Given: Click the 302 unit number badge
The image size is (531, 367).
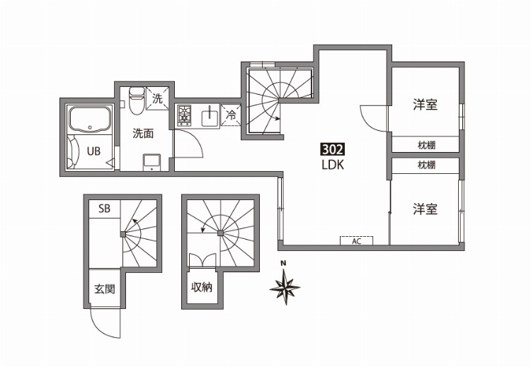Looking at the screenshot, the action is pyautogui.click(x=333, y=149).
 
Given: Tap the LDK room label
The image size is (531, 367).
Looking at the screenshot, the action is pyautogui.click(x=333, y=165).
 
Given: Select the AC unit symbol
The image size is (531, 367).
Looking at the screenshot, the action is pyautogui.click(x=356, y=240).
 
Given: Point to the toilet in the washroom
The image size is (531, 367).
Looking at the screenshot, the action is pyautogui.click(x=137, y=100).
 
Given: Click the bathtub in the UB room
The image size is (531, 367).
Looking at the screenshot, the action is pyautogui.click(x=90, y=120).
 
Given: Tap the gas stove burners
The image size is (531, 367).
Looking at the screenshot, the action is pyautogui.click(x=184, y=115).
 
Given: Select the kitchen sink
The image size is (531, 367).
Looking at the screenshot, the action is pyautogui.click(x=210, y=117).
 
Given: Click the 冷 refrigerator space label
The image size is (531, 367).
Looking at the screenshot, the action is pyautogui.click(x=231, y=115).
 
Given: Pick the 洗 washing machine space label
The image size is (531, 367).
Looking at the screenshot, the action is pyautogui.click(x=157, y=98).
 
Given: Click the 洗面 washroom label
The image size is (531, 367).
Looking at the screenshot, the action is pyautogui.click(x=143, y=133).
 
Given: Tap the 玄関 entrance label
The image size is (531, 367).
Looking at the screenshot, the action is pyautogui.click(x=105, y=289).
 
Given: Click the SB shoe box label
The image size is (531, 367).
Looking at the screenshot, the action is pyautogui.click(x=104, y=209).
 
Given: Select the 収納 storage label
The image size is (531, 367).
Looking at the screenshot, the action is pyautogui.click(x=202, y=287).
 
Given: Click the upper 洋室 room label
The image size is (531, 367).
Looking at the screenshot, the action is pyautogui.click(x=425, y=105).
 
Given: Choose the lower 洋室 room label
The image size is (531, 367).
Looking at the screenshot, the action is pyautogui.click(x=425, y=209).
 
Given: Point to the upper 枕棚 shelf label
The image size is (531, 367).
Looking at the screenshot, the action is pyautogui.click(x=426, y=146).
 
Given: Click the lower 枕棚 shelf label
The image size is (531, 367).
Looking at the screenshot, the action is pyautogui.click(x=426, y=165).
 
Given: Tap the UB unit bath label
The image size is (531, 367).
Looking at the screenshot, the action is pyautogui.click(x=93, y=151).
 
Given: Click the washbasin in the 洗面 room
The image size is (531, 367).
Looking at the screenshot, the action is pyautogui.click(x=152, y=163).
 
